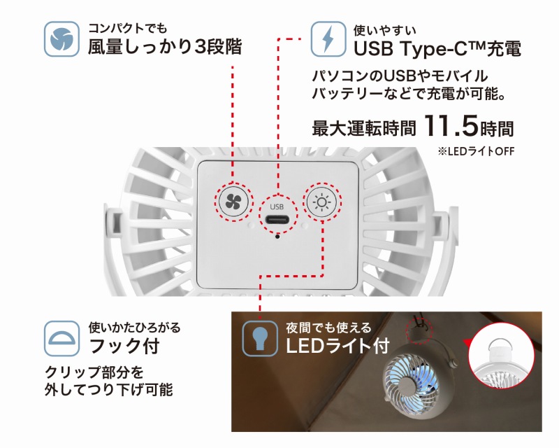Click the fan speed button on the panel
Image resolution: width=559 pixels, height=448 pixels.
tap(233, 202)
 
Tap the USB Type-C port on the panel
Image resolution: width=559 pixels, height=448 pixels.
tap(277, 218)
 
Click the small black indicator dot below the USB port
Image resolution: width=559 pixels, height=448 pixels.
tap(277, 236)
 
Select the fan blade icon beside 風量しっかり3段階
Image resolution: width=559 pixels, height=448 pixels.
tap(61, 39)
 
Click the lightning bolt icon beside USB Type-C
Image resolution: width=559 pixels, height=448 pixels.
tap(328, 39)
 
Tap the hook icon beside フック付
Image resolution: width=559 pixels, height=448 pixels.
tap(61, 338)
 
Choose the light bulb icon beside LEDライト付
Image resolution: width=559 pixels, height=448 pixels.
tap(260, 338)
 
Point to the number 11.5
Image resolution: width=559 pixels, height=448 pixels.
tap(451, 126)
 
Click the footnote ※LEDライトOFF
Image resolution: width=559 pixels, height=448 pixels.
tap(476, 151)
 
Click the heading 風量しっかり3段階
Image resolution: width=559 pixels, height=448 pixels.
tap(165, 47)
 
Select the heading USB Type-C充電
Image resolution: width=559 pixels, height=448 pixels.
tap(437, 48)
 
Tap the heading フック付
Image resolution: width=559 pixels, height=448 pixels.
tap(124, 346)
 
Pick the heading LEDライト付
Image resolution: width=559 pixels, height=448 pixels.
tap(337, 346)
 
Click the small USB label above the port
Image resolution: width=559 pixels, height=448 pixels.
tap(277, 206)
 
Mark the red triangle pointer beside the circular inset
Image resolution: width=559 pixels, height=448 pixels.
tap(467, 343)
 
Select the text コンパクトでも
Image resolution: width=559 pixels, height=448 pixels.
tap(127, 27)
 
